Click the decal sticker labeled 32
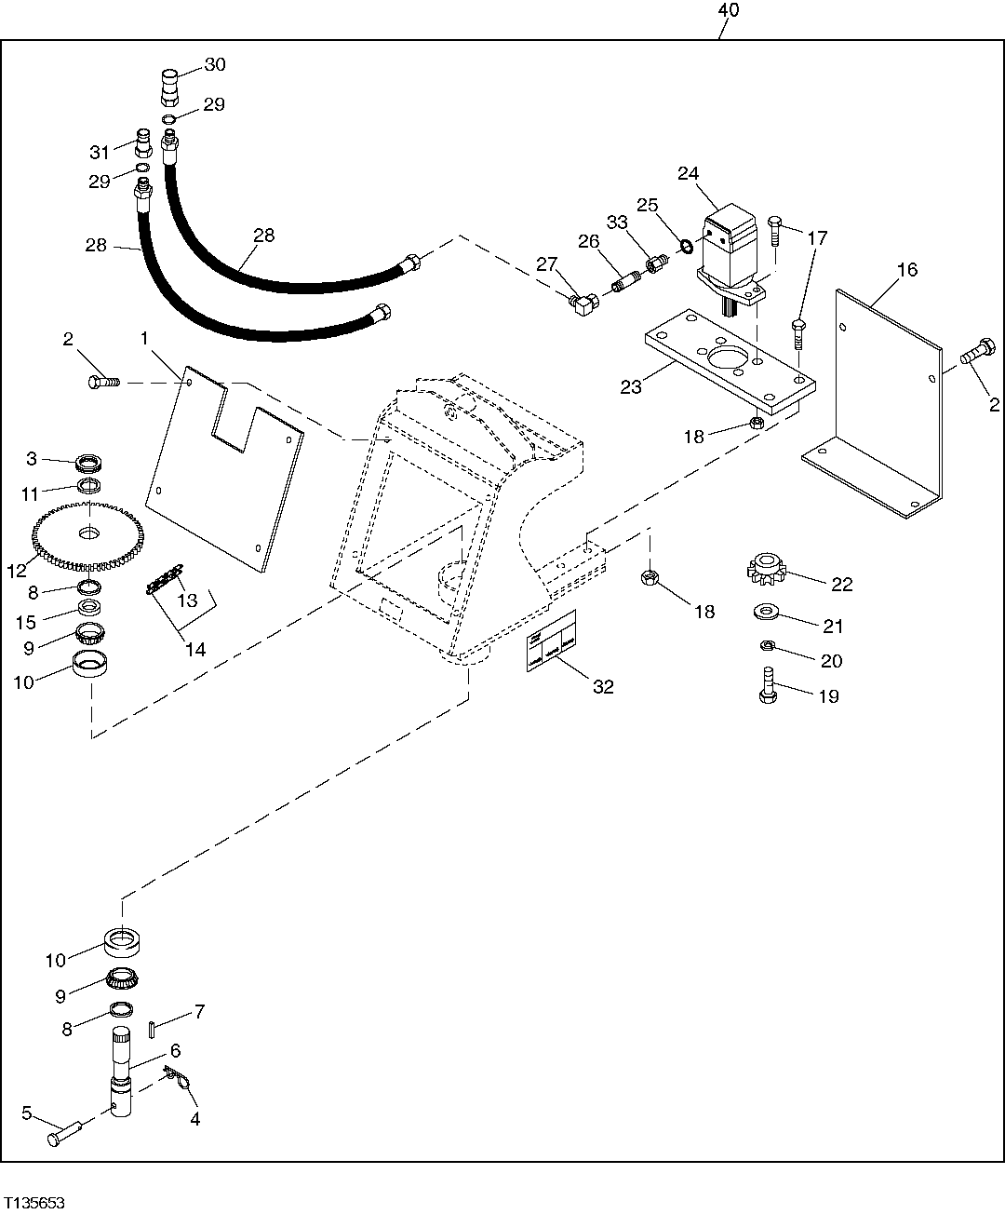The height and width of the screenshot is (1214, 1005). [x=552, y=641]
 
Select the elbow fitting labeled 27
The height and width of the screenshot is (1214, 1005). [x=584, y=301]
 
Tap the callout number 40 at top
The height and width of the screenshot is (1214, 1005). [x=729, y=10]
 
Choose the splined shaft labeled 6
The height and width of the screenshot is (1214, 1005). [x=124, y=1071]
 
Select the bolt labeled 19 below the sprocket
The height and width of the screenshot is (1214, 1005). [x=769, y=687]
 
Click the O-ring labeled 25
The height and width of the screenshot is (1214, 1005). [x=685, y=247]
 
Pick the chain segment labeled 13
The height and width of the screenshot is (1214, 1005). [x=162, y=582]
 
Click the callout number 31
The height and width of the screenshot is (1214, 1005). [x=100, y=152]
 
